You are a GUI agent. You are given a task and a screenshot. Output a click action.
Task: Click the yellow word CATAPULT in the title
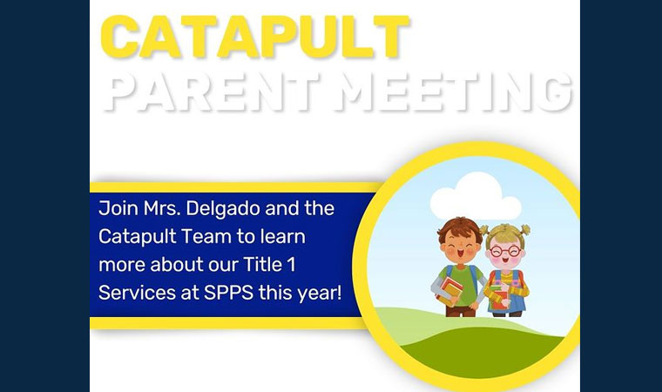pos(255,37)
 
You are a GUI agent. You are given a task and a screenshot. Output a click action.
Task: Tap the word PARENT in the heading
pos(211,91)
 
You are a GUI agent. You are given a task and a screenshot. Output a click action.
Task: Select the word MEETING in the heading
pos(454,91)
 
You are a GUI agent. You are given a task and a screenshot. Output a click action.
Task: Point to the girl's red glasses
pos(506,252)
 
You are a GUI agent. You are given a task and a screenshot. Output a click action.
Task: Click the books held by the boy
pos(449,290)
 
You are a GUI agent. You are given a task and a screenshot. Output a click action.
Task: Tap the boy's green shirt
pos(462,285)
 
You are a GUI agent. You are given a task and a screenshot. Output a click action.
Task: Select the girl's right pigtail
pos(525,230)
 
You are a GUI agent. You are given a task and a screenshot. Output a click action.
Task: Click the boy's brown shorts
pos(461,311)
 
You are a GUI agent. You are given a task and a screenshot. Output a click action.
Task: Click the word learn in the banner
pos(282,236)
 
